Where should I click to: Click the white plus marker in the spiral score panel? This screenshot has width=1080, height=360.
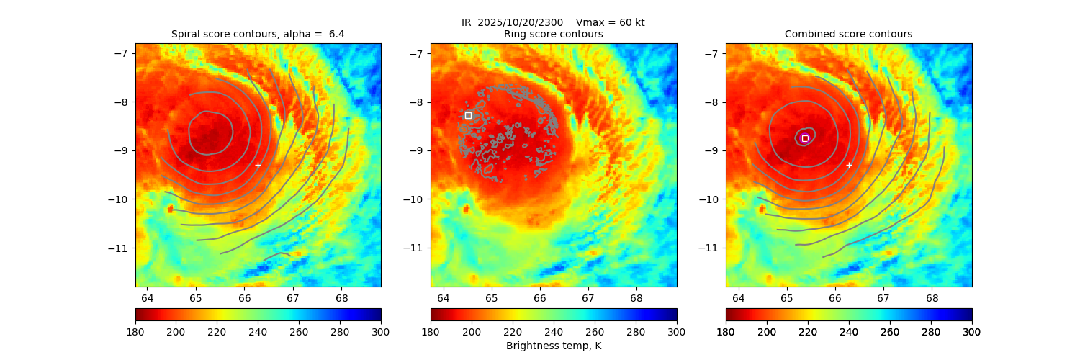(258, 165)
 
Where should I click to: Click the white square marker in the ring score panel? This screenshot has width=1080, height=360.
(468, 115)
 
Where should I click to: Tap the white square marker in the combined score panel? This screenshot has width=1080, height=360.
(805, 138)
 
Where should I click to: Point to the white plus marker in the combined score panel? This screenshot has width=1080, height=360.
(849, 165)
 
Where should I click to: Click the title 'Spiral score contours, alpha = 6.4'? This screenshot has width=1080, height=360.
(258, 34)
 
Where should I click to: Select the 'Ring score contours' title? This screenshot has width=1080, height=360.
(553, 34)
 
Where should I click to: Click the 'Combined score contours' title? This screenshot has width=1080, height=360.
(848, 34)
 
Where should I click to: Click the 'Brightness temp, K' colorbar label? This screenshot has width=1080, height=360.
(553, 346)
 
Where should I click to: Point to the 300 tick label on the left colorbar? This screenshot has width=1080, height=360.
(381, 331)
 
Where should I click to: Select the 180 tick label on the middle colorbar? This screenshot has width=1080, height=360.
(431, 331)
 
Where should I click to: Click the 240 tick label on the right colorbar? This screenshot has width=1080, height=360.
(849, 331)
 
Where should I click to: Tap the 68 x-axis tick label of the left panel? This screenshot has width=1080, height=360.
(341, 298)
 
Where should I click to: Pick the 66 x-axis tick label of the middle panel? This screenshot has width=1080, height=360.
(540, 298)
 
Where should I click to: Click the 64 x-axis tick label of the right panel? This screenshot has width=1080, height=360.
(738, 298)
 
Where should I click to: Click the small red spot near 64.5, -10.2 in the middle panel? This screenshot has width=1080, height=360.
(466, 209)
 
